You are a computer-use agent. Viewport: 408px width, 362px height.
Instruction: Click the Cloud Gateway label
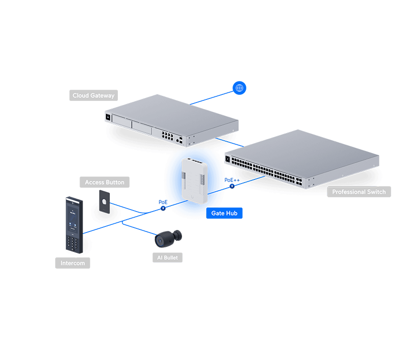pos(94,95)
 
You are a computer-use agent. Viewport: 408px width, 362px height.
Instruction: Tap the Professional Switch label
pos(359,192)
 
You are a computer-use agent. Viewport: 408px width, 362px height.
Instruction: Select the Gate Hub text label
pos(224,213)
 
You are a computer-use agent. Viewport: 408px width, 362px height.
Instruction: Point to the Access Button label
pos(105,182)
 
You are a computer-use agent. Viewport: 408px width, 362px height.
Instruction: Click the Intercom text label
pos(73,264)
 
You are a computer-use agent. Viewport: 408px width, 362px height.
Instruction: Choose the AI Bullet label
pos(168,258)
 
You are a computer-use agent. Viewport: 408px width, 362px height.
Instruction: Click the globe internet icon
pos(239,88)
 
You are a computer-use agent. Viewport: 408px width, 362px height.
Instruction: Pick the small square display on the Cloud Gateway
pos(108,116)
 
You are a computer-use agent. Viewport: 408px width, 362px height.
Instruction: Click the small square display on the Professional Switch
pos(228,160)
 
